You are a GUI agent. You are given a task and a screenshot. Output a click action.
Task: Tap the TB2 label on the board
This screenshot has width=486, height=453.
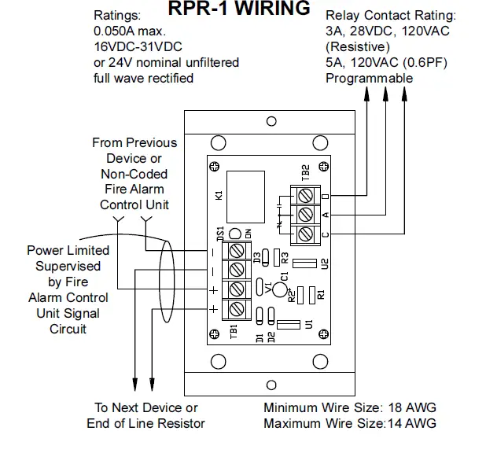(304, 173)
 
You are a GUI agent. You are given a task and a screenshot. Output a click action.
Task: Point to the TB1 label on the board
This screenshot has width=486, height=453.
(234, 330)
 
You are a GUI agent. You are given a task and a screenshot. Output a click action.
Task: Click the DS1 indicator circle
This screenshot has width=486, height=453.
(234, 234)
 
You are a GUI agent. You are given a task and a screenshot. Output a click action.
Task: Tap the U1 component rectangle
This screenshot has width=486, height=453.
(289, 323)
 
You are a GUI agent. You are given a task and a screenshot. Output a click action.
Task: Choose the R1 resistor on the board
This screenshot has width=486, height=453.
(312, 295)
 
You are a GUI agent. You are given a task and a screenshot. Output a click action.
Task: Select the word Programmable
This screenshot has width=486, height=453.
(369, 78)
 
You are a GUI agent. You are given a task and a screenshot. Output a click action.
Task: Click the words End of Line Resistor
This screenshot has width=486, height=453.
(145, 424)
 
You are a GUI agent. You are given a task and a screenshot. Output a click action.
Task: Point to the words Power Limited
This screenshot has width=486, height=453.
(68, 250)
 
